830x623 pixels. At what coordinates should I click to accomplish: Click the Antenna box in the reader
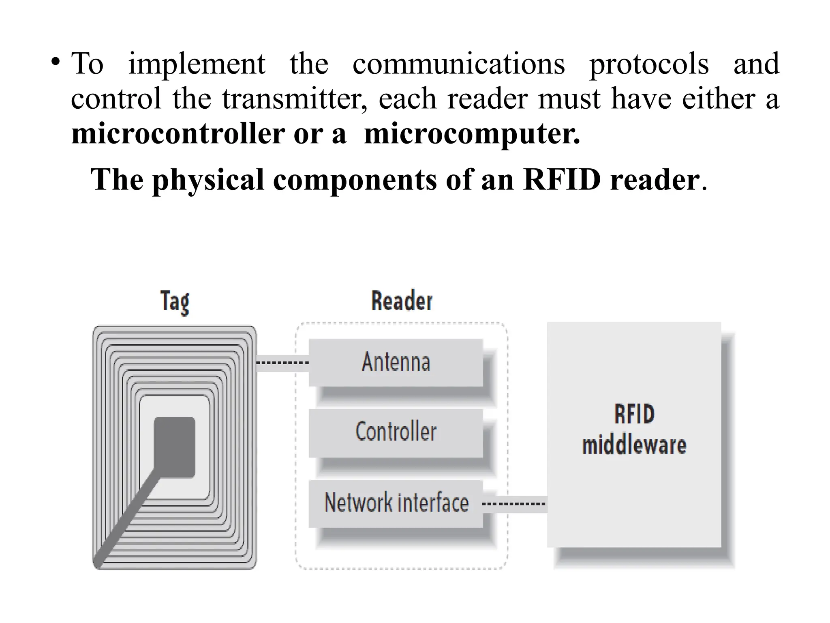[396, 362]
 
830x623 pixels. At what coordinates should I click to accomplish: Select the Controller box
[396, 432]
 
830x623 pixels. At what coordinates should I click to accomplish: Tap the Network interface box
[396, 503]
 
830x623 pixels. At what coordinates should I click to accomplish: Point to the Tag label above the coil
[175, 301]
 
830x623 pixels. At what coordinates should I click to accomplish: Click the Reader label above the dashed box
[402, 301]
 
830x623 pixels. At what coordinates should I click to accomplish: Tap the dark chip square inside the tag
[175, 447]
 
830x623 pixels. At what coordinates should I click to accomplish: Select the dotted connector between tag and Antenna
[282, 362]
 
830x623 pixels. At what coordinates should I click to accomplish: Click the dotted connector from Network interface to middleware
[514, 504]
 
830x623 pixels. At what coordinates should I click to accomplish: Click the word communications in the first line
[458, 64]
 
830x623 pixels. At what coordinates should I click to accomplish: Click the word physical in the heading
[208, 180]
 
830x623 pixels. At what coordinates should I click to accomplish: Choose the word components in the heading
[355, 180]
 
